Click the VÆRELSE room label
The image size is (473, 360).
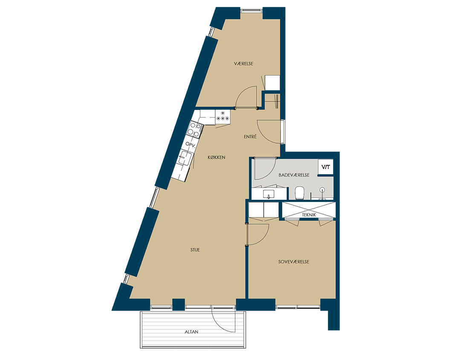pos(243,63)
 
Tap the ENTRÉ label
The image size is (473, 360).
pos(250,137)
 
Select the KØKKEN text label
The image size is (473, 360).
pos(216,157)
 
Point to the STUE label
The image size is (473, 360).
pos(195,250)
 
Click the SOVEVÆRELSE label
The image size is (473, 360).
pos(294,262)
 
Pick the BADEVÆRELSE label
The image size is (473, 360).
pos(294,175)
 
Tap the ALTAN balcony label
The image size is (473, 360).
pos(192,331)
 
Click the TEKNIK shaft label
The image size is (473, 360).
pos(309,215)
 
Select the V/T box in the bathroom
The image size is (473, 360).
pos(326,167)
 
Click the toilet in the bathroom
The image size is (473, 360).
pos(300,193)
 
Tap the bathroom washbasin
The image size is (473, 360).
pos(269,193)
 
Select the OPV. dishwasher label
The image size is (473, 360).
pos(190,144)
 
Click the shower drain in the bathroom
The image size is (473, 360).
pos(323,190)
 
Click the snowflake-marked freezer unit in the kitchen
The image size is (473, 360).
pos(223,116)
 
